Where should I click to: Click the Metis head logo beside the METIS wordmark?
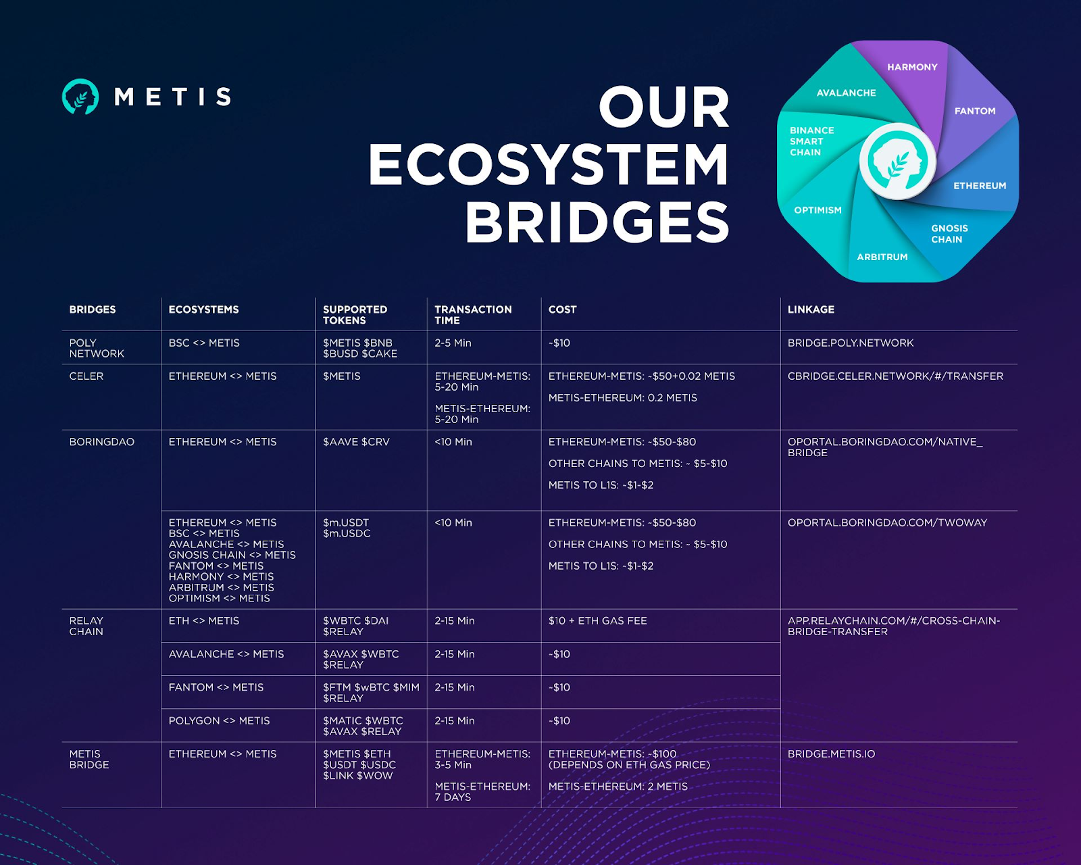click(x=80, y=97)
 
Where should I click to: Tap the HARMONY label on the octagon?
click(x=912, y=67)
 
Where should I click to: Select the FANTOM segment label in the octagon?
click(x=975, y=111)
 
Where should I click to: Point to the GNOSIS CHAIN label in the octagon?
click(x=949, y=234)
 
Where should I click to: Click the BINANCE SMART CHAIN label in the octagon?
click(x=811, y=141)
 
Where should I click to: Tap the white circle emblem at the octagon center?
click(x=898, y=162)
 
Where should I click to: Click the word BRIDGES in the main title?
click(x=597, y=222)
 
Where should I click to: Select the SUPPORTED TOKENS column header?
click(x=355, y=315)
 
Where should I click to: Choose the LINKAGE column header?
click(x=811, y=310)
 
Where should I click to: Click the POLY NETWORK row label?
click(x=97, y=348)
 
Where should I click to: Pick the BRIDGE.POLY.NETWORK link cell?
click(x=851, y=343)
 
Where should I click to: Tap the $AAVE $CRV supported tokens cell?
click(x=356, y=442)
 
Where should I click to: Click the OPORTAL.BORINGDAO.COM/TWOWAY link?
click(x=887, y=523)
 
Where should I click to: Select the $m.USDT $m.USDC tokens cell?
click(x=347, y=528)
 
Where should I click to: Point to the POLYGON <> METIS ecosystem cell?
click(x=219, y=721)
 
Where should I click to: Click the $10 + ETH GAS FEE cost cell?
click(x=597, y=621)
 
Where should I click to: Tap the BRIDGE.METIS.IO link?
click(x=831, y=754)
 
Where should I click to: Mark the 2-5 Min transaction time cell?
click(x=453, y=343)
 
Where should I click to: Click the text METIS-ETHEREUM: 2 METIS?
click(x=618, y=787)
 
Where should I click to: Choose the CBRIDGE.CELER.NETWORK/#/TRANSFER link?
click(x=895, y=376)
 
